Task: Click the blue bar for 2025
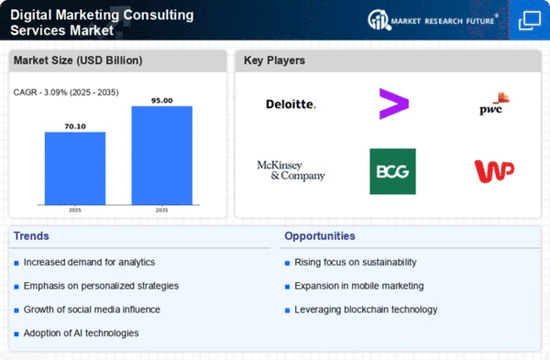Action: point(75,169)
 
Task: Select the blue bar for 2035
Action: point(162,156)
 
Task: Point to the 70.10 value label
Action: point(75,126)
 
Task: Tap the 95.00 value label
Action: point(162,101)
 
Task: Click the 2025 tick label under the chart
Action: point(75,210)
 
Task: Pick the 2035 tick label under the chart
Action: point(161,210)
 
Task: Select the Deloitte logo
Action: point(291,104)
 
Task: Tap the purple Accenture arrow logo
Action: point(393,104)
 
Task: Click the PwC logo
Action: point(494,104)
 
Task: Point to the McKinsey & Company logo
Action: point(291,170)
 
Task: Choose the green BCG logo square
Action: point(393,171)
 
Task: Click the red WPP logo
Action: point(494,171)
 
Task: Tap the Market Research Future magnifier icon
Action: point(379,19)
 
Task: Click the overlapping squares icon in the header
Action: point(530,21)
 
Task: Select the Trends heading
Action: point(31,236)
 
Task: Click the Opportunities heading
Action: point(320,236)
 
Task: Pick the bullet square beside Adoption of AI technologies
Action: point(16,334)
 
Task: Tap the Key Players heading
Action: point(274,60)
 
